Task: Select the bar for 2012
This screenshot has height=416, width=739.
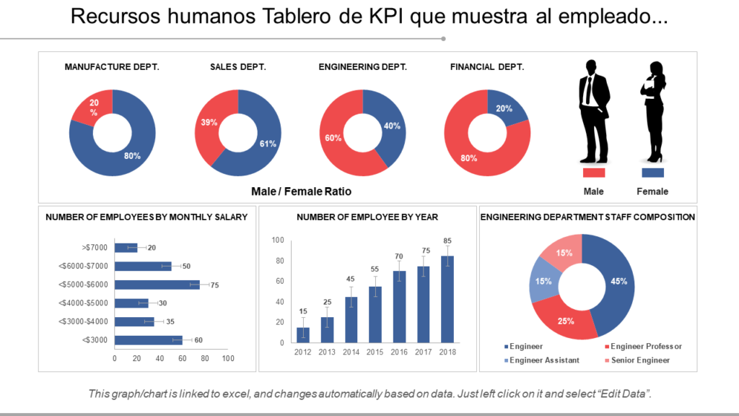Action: pos(303,334)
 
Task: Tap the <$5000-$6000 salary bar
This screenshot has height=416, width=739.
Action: pos(157,285)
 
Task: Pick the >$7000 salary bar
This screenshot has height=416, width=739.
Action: pos(126,248)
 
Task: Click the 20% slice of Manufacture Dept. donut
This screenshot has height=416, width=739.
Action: pos(92,108)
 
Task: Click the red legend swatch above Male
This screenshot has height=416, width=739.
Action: pos(593,173)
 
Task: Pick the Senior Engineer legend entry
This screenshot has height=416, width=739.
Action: pos(639,360)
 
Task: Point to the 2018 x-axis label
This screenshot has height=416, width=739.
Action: pos(447,352)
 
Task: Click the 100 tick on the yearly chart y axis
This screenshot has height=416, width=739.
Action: pos(277,240)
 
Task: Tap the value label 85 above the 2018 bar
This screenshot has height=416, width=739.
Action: pos(447,240)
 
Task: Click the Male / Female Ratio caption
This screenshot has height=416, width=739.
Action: pos(301,191)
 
